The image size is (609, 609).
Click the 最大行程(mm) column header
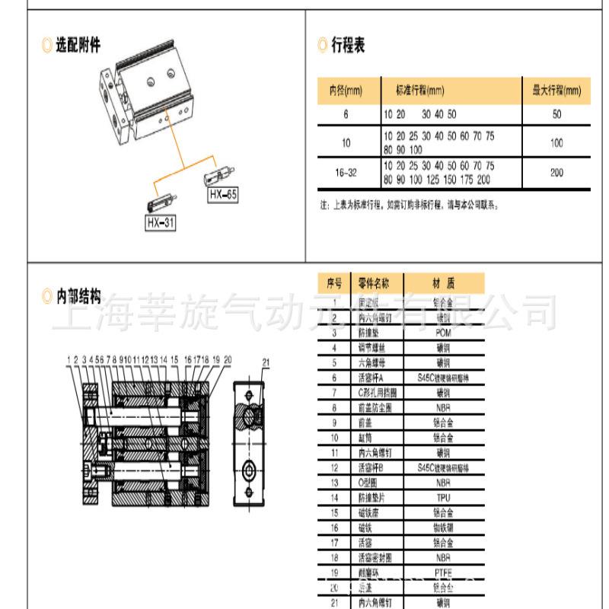(556, 91)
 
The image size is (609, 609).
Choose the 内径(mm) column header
(346, 91)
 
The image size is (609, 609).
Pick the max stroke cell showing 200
(556, 173)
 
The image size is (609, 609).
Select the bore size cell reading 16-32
(346, 173)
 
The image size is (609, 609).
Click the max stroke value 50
(556, 114)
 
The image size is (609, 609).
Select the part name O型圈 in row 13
(370, 482)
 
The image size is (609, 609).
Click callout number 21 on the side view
(266, 361)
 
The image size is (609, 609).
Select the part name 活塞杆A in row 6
(371, 378)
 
